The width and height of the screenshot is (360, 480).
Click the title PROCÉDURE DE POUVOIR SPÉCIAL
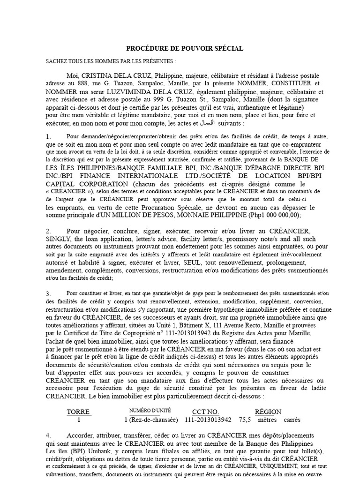pyautogui.click(x=185, y=48)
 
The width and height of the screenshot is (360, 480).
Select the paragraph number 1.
pyautogui.click(x=48, y=136)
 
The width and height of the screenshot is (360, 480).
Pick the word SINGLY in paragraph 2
pyautogui.click(x=59, y=239)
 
